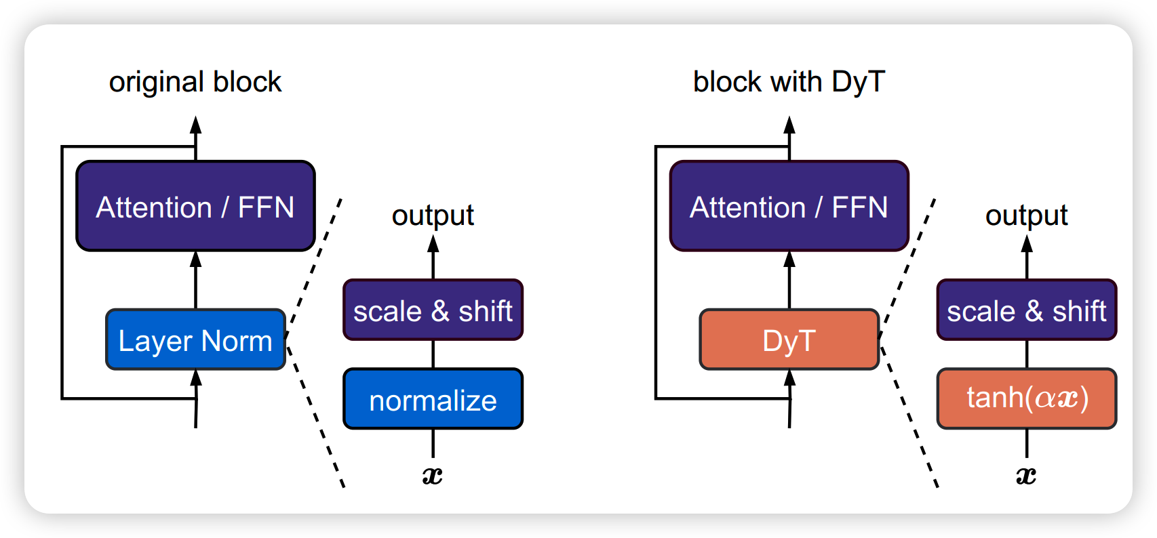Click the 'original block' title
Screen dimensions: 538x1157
(x=195, y=82)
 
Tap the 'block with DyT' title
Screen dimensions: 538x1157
(x=789, y=82)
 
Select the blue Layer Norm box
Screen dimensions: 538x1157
(x=195, y=340)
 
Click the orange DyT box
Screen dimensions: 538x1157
(x=789, y=340)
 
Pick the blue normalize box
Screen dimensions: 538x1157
(x=433, y=400)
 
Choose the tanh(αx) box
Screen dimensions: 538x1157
(x=1026, y=398)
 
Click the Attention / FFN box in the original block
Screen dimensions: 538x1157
(x=195, y=207)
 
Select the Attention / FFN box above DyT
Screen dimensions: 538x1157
(x=789, y=207)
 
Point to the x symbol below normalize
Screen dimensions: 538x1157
(x=433, y=476)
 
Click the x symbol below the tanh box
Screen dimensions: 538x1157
(x=1026, y=476)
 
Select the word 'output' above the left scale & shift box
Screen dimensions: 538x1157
(x=433, y=215)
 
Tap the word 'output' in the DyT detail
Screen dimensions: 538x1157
(x=1026, y=215)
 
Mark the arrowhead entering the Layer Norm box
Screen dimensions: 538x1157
(x=196, y=377)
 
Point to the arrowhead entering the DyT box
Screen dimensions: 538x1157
(x=789, y=377)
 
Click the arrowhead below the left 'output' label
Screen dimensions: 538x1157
(x=433, y=243)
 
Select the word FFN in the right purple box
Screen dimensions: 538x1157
(x=859, y=207)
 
